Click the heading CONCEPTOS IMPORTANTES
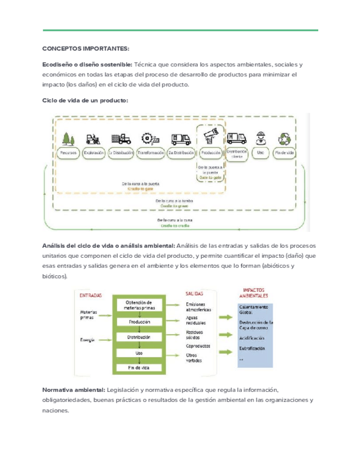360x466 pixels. pyautogui.click(x=85, y=48)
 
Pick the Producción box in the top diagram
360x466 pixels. pyautogui.click(x=211, y=153)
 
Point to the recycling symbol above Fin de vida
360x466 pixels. pyautogui.click(x=285, y=138)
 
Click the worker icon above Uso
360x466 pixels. pyautogui.click(x=260, y=138)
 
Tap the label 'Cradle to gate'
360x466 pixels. pyautogui.click(x=141, y=188)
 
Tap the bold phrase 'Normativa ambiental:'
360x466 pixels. pyautogui.click(x=74, y=390)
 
